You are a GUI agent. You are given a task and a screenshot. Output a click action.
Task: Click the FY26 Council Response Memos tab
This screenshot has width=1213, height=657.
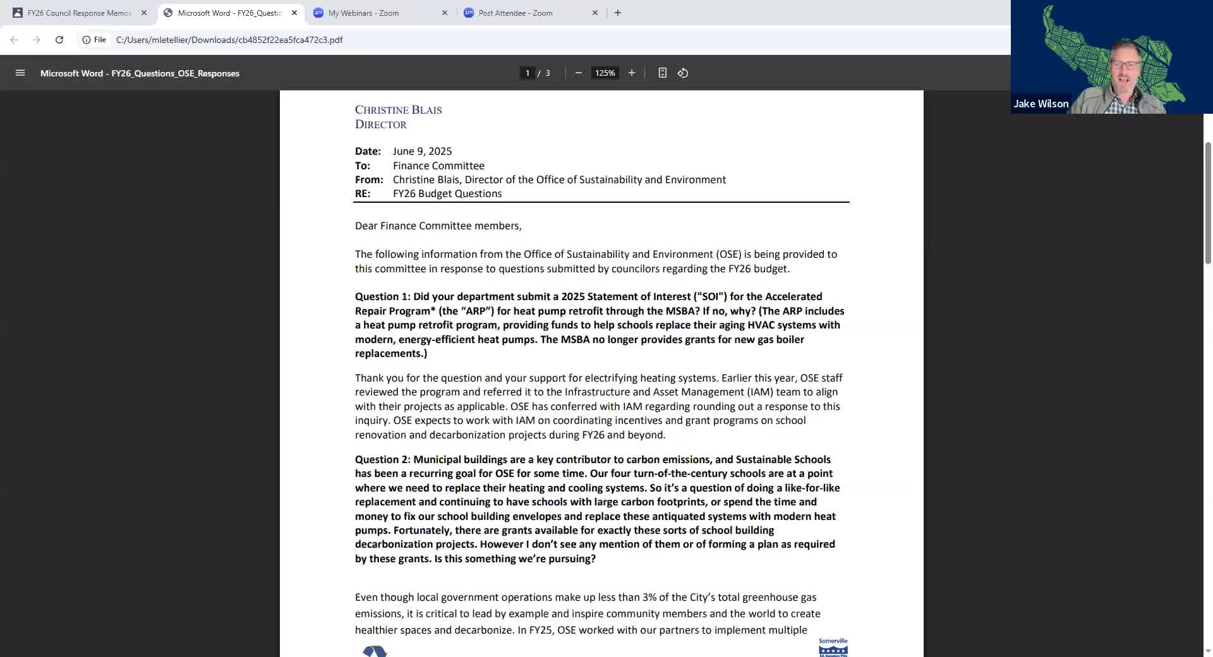[x=79, y=13]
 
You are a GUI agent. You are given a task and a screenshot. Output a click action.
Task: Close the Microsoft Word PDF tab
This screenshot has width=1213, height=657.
[x=294, y=13]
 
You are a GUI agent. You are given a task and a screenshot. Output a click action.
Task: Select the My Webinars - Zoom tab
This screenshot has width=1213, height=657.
[x=363, y=13]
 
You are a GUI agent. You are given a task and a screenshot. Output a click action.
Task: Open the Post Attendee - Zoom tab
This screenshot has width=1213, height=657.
[x=515, y=13]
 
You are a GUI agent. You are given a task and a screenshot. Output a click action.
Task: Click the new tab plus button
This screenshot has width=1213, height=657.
[x=618, y=13]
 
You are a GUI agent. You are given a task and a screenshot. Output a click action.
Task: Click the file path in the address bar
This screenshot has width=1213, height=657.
[x=229, y=40]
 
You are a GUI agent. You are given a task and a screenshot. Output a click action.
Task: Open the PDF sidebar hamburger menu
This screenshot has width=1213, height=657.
[x=20, y=73]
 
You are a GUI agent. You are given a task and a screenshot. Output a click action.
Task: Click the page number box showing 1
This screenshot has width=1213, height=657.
[x=528, y=73]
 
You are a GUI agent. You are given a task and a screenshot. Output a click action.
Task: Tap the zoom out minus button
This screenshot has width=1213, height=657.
[x=578, y=73]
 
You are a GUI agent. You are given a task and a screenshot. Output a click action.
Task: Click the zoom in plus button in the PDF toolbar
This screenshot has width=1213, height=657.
[x=631, y=73]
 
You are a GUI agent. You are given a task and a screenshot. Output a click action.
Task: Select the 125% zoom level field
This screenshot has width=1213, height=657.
[x=605, y=73]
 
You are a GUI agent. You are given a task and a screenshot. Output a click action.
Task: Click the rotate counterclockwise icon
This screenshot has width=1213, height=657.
[x=683, y=73]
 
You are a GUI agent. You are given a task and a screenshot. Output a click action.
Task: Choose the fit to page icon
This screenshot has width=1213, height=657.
[x=662, y=73]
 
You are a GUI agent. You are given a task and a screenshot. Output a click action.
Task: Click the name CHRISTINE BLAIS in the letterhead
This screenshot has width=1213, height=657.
[x=398, y=110]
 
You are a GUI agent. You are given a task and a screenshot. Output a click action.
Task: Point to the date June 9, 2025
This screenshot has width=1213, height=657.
[x=422, y=152]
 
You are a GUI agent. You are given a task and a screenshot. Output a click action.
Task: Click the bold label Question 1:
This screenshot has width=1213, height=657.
[x=382, y=297]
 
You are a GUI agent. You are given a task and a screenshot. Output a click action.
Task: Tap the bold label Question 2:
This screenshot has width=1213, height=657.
[x=382, y=460]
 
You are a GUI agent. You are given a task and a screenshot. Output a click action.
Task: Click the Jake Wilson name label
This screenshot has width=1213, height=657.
[x=1041, y=104]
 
